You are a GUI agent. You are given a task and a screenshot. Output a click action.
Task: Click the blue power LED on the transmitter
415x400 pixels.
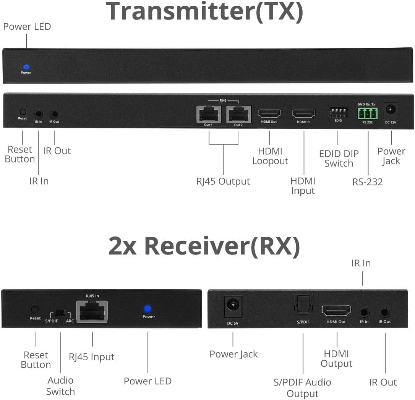coord(26,67)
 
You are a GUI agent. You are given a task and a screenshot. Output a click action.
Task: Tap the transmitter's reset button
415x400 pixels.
coord(23,112)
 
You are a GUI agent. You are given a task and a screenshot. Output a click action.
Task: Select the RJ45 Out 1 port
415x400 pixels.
coord(209,114)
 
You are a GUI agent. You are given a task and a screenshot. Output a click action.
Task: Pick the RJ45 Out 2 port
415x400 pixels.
coord(238,114)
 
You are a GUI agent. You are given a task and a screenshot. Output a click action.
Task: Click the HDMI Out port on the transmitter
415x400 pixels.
coord(269,113)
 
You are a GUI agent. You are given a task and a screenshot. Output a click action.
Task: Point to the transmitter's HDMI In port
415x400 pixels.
coord(304,113)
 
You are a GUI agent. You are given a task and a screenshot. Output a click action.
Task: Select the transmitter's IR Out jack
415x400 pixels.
coord(55,114)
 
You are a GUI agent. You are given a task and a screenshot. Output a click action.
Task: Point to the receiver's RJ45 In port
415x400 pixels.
coord(92,312)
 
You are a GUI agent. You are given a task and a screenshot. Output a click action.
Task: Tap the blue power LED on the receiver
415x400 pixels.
coord(147,309)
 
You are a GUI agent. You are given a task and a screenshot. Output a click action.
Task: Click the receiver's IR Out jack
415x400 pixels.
coord(385,313)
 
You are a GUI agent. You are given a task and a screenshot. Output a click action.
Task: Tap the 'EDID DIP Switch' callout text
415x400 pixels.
coord(339,159)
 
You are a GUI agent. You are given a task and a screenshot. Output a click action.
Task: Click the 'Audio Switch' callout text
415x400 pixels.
coord(60,386)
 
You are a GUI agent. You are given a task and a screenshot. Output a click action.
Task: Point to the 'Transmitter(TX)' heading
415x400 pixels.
coord(204,11)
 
